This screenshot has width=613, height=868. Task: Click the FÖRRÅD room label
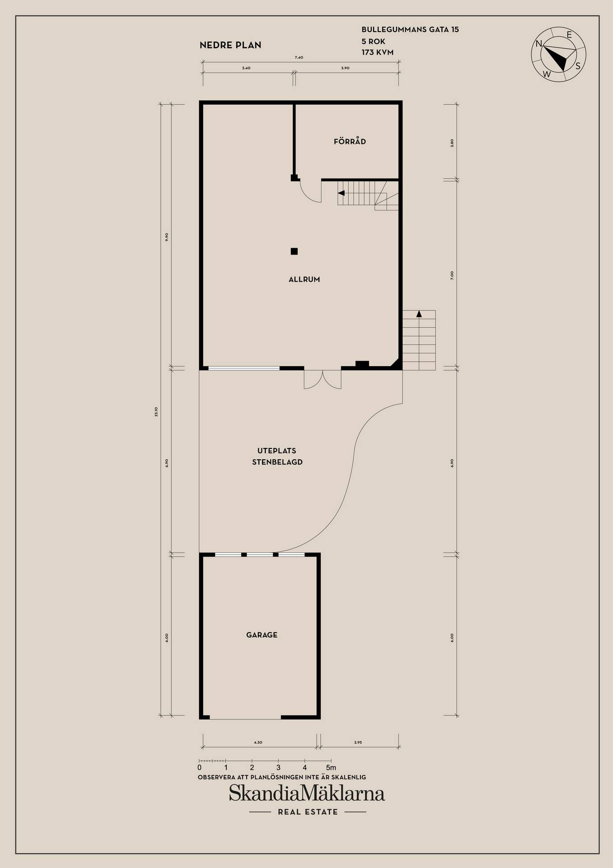point(350,142)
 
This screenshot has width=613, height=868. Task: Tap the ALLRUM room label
point(304,279)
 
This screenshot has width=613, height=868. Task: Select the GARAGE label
point(262,635)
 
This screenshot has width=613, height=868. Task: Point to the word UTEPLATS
point(277,451)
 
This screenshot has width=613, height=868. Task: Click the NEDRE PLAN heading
point(230,45)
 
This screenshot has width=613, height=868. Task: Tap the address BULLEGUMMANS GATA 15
point(410,29)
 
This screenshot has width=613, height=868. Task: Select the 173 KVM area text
point(378,52)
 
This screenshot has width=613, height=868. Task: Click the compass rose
point(558,54)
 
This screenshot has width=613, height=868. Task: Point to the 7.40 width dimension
point(299,57)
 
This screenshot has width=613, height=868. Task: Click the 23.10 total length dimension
point(156,411)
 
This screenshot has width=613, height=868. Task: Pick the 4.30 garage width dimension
point(258,742)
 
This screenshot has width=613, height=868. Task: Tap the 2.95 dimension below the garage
point(358,742)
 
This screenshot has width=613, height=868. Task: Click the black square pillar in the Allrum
point(294,251)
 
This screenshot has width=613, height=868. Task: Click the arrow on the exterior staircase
point(419,314)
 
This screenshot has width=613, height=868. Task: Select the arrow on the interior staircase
point(342,193)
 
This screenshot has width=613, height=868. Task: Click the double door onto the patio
point(323,379)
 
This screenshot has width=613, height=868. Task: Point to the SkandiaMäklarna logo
point(307,793)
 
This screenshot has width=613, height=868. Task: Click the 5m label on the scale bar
point(331,767)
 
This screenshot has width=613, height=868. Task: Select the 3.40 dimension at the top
point(246,68)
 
